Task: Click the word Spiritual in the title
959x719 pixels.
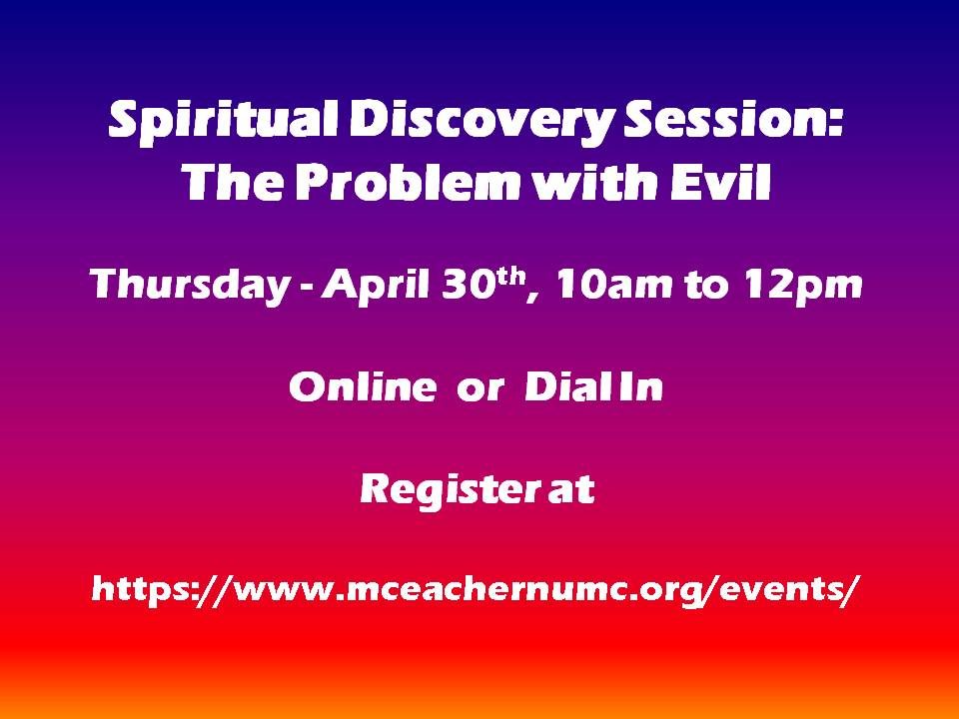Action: tap(223, 122)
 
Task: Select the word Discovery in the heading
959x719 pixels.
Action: tap(480, 122)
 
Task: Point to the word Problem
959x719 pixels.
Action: tap(408, 182)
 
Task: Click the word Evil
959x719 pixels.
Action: tap(720, 182)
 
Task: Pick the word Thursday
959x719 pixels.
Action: tap(190, 286)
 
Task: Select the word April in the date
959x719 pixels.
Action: tap(376, 286)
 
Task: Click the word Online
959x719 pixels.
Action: tap(364, 386)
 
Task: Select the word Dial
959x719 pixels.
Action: tap(569, 386)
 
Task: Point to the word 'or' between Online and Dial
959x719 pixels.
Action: tap(480, 390)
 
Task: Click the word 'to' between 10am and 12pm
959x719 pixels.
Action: tap(707, 286)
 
